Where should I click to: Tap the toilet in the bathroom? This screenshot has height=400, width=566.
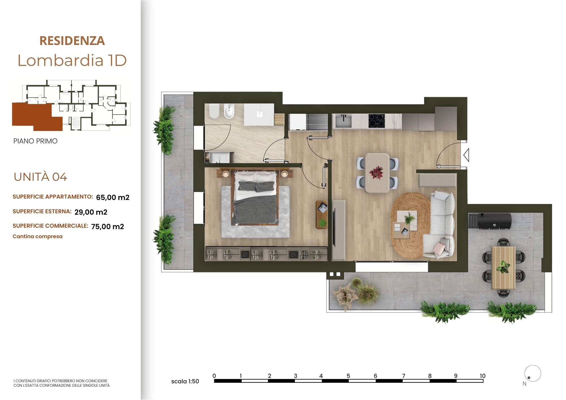point(214,111)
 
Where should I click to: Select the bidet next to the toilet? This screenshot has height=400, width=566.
point(229,111)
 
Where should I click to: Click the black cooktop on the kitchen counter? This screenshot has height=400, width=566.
point(377,121)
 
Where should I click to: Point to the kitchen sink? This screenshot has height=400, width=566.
point(343,121)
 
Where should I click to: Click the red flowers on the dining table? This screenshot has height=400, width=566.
point(376,172)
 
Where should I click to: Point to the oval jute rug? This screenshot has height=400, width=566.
point(411,225)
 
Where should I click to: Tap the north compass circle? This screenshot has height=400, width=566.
point(533,373)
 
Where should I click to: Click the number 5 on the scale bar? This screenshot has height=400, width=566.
point(348,376)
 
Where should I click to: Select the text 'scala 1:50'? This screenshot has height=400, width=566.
point(185,381)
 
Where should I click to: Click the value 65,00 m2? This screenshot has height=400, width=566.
point(113,197)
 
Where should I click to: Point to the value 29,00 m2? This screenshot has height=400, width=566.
point(91,212)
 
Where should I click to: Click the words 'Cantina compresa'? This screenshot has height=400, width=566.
point(38,236)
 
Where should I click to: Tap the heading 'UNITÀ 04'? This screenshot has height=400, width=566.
point(40,177)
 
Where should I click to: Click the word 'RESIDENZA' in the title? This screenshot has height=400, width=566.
point(72,41)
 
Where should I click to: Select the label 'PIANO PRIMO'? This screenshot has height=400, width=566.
point(35,141)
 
